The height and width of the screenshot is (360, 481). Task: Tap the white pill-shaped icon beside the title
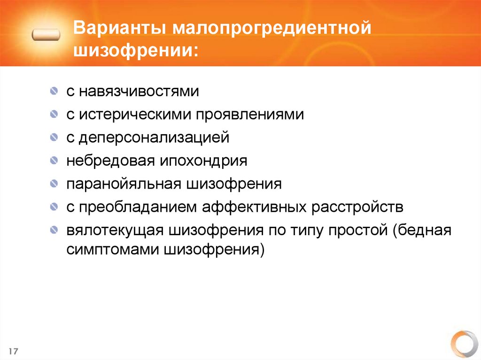point(47,35)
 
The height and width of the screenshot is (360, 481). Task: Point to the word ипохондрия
point(205,161)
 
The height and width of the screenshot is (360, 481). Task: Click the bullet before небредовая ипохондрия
point(55,161)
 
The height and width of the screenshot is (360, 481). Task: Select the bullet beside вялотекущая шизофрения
point(55,230)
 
